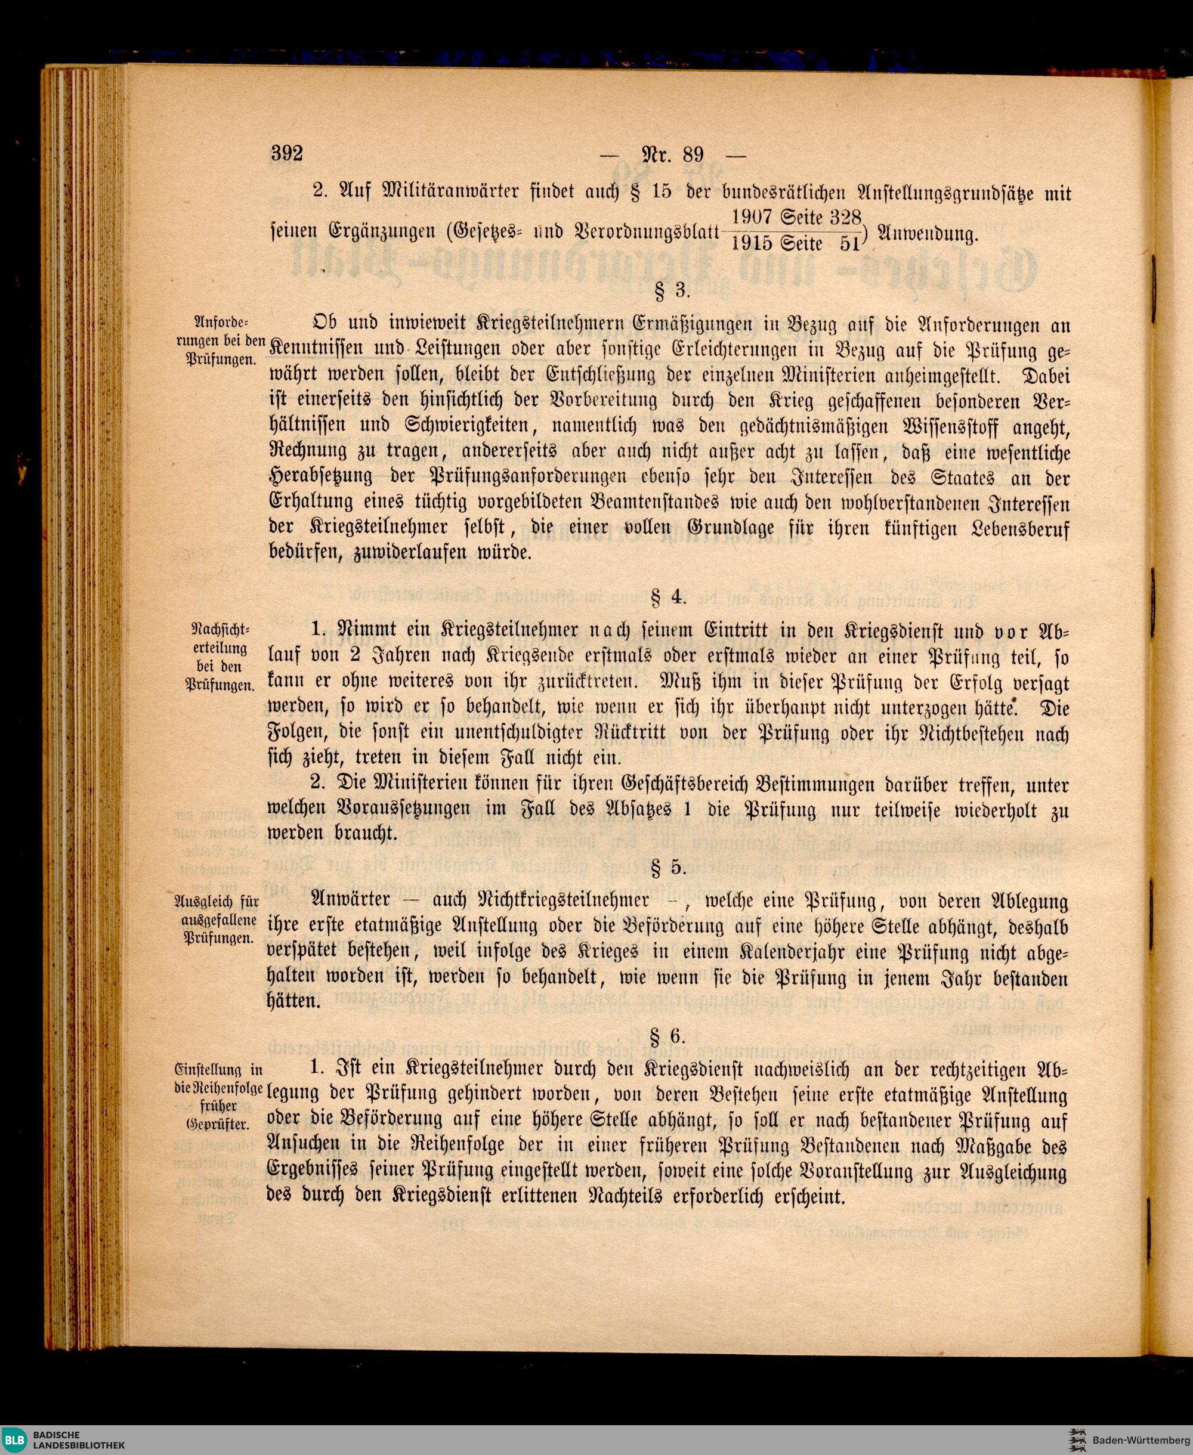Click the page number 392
(286, 153)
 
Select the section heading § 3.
(669, 290)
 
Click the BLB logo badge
(15, 1437)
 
